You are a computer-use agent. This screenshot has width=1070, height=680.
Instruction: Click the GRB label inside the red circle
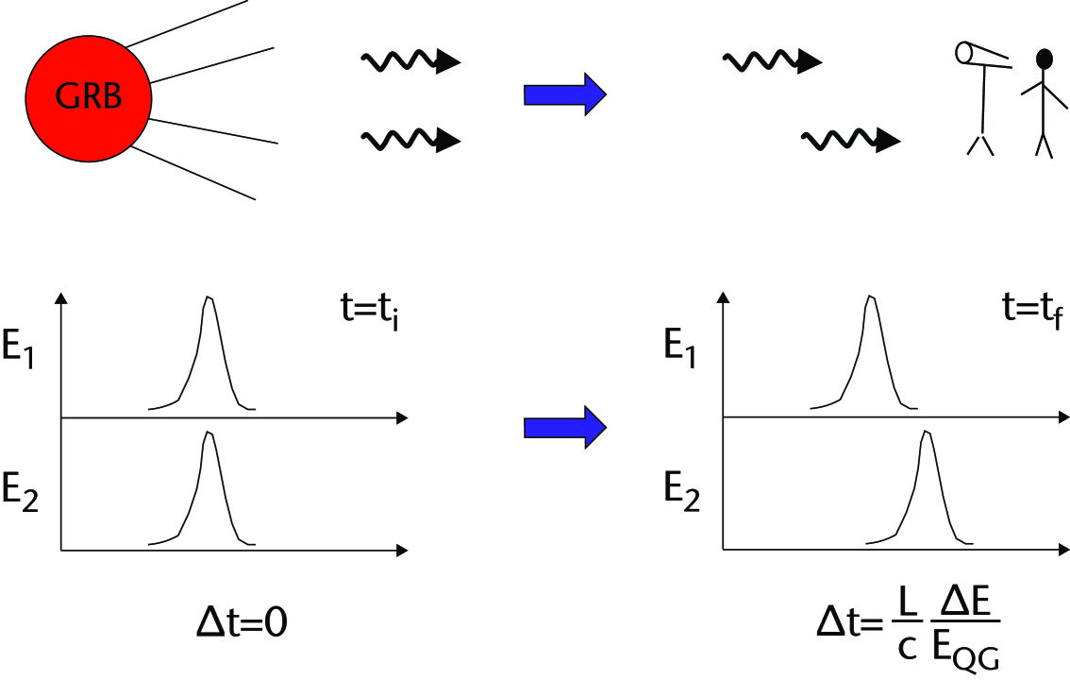[89, 96]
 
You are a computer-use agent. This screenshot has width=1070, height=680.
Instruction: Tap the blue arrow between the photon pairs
[563, 94]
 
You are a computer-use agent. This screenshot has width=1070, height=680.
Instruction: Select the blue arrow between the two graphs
[563, 428]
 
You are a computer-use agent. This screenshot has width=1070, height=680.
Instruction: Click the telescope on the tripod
[982, 57]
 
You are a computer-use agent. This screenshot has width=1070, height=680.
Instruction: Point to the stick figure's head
[1044, 59]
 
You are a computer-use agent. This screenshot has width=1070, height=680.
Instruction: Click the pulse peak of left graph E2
[209, 434]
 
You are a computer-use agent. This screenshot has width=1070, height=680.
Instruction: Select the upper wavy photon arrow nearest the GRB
[410, 62]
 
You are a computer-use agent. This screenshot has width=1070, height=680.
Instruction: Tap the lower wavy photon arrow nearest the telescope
[850, 141]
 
